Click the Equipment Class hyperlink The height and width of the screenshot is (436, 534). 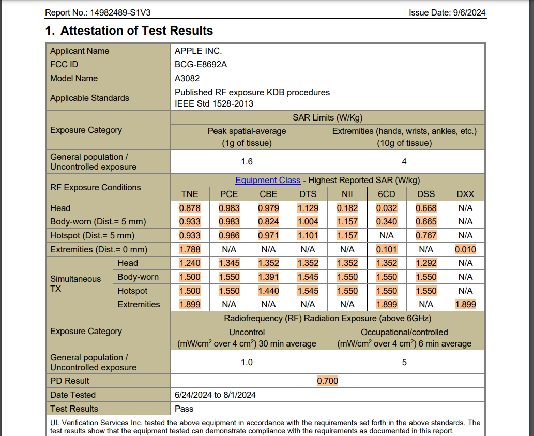267,181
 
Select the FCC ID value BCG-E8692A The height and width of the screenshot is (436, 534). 201,65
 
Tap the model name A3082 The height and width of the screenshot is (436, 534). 187,79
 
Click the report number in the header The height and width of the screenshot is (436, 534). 101,13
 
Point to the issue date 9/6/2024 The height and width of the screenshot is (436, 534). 447,13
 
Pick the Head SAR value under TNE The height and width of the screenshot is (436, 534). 190,208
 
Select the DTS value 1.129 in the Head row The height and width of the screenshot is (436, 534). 308,208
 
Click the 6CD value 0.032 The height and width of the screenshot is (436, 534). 386,208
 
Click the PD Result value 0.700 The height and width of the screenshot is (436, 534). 327,381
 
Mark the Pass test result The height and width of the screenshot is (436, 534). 184,409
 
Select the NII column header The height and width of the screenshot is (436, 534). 347,194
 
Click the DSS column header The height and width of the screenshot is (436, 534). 425,194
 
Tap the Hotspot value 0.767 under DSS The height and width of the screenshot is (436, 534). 425,236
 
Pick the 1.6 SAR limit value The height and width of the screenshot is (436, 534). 247,162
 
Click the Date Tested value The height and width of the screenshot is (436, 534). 215,395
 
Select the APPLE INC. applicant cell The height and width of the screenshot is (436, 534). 198,51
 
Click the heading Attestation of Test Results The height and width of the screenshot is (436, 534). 136,31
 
